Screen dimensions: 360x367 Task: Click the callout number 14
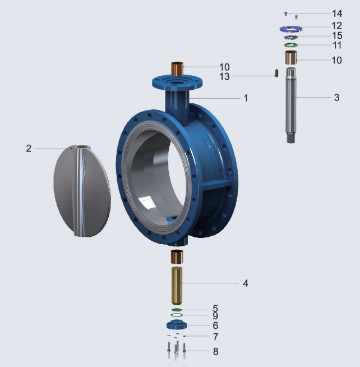click(337, 13)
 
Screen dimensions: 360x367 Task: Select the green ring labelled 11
click(291, 45)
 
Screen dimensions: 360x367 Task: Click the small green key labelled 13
click(276, 73)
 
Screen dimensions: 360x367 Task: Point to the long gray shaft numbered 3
click(291, 105)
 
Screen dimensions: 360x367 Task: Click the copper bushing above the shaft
click(291, 57)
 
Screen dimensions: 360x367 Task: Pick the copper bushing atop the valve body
click(177, 69)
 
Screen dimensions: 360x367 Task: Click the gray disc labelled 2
click(82, 191)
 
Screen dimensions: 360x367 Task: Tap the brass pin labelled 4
click(177, 286)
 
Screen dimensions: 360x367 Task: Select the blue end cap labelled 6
click(177, 325)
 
